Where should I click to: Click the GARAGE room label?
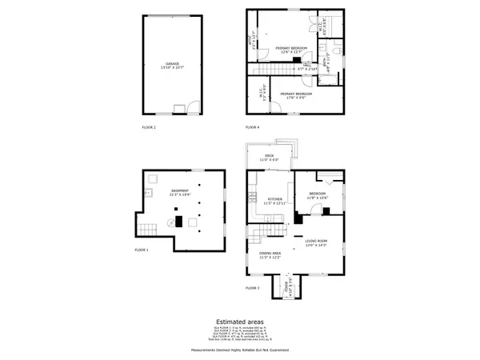172,64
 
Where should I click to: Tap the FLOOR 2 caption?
149,127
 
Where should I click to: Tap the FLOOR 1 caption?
149,250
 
